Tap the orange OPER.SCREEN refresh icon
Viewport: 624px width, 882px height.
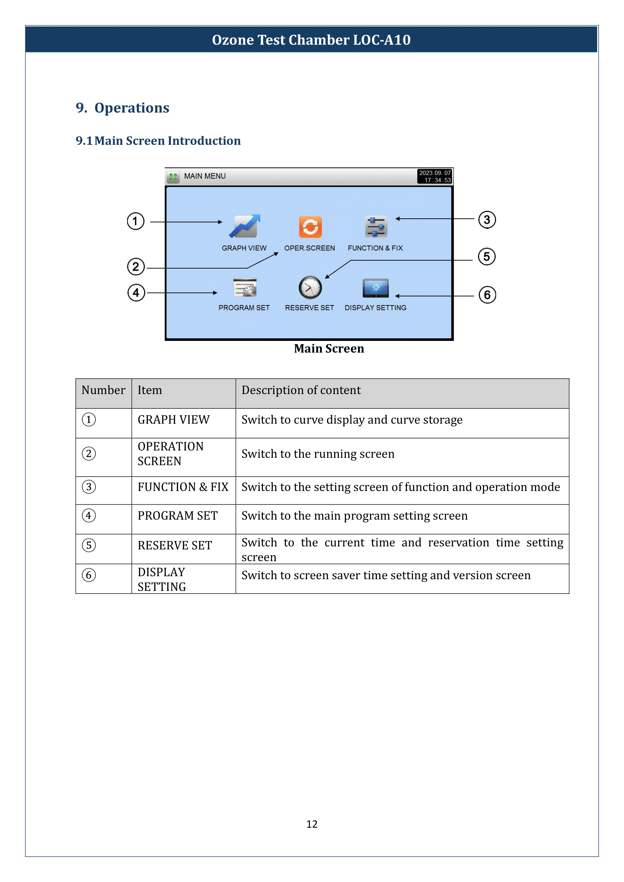(x=310, y=227)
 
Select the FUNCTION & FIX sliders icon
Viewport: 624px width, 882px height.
(x=376, y=227)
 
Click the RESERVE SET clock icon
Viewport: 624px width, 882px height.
(x=310, y=287)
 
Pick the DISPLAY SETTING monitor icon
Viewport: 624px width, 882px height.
(x=375, y=288)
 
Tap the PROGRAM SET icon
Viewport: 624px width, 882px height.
(x=245, y=287)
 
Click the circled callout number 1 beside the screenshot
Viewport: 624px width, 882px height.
(x=135, y=221)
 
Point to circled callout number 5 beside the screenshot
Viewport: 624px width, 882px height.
(x=486, y=257)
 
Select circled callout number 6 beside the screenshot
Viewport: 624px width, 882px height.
(x=487, y=295)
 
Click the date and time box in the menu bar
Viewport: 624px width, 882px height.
(x=435, y=176)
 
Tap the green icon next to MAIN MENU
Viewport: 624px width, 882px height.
(x=173, y=177)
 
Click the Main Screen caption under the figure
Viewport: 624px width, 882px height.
(x=329, y=348)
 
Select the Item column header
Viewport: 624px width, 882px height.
(x=150, y=390)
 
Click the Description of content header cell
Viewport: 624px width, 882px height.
(x=301, y=390)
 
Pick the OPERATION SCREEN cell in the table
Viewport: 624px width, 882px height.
(x=171, y=454)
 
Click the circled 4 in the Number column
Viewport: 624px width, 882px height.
(x=89, y=515)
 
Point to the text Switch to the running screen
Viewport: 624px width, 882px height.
(x=318, y=454)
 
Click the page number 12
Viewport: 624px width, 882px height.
(x=312, y=824)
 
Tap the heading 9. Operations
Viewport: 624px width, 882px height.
(x=122, y=108)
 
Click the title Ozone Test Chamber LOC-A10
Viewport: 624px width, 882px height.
(x=311, y=40)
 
